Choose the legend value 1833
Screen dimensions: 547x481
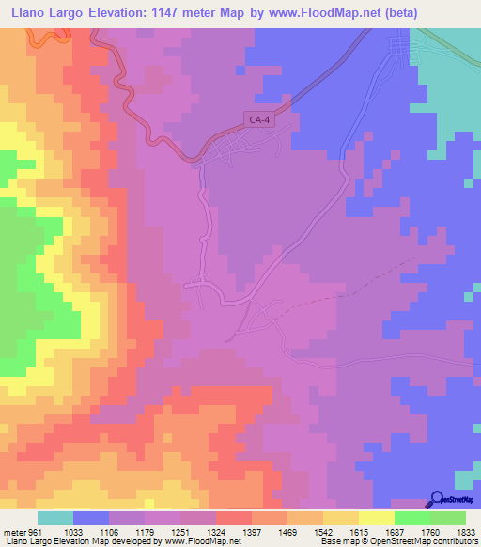454,532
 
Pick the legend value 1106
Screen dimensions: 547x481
107,532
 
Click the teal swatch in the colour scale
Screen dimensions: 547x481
55,518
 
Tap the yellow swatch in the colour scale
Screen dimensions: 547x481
377,518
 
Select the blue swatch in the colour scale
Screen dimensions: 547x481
91,518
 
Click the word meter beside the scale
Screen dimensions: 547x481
12,532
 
